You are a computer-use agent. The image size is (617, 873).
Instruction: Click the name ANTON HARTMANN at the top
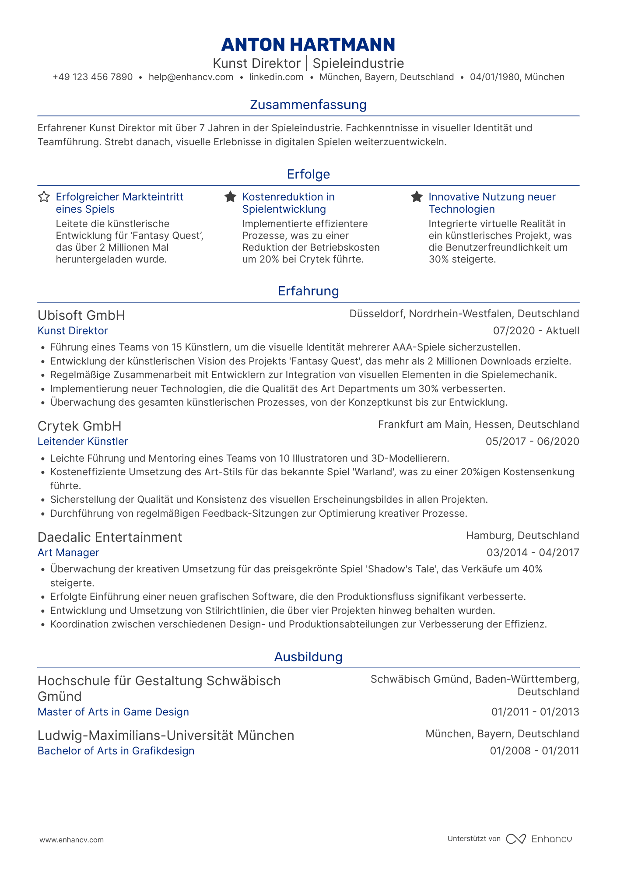click(308, 45)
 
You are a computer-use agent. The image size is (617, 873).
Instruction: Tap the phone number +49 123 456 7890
click(92, 77)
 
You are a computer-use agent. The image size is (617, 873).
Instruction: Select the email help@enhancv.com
click(191, 77)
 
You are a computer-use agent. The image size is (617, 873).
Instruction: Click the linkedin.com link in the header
click(276, 77)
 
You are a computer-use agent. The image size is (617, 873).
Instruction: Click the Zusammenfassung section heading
click(308, 105)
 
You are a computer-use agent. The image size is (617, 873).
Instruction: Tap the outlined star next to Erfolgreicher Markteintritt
click(44, 197)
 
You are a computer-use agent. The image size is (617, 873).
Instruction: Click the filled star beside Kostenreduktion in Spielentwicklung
click(230, 197)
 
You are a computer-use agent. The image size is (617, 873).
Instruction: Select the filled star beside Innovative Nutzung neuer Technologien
click(417, 197)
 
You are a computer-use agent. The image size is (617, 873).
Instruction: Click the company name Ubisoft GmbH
click(81, 315)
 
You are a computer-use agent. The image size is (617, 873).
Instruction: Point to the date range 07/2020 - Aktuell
click(536, 331)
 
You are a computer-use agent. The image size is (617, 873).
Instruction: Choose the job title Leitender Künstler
click(83, 442)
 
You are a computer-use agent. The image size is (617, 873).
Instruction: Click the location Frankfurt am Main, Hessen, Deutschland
click(478, 424)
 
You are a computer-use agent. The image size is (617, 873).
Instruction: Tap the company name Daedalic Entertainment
click(110, 537)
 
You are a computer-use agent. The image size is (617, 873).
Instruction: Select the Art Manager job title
click(68, 553)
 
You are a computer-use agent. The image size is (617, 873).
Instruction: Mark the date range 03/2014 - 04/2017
click(533, 553)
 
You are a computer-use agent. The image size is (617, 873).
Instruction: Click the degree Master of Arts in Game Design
click(113, 712)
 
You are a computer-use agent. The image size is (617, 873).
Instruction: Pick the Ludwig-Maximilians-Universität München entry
click(166, 736)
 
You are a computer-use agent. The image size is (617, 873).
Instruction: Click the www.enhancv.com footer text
click(72, 840)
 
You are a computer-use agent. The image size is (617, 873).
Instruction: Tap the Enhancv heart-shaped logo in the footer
click(515, 839)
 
